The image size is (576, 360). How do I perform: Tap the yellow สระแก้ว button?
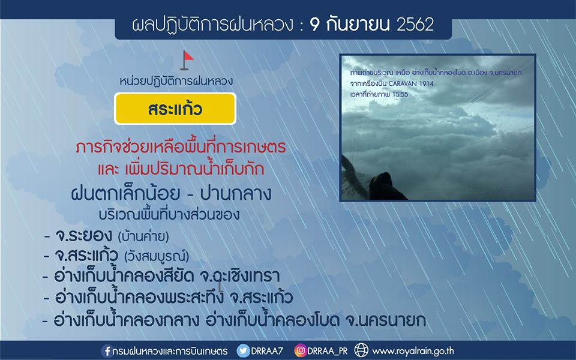(x=175, y=109)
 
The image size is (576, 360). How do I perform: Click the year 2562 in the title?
(x=415, y=25)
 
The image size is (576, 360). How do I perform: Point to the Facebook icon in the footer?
(x=107, y=351)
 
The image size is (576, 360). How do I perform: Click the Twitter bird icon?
(x=243, y=351)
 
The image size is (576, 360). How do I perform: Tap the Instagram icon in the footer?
(x=300, y=351)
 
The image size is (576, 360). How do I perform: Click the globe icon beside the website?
(x=361, y=350)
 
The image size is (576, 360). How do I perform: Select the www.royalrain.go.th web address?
(x=413, y=351)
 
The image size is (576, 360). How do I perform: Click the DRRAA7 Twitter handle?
(x=267, y=351)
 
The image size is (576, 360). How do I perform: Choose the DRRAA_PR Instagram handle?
(x=328, y=351)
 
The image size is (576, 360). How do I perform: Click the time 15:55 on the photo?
(x=400, y=94)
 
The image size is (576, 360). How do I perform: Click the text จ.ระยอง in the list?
(x=83, y=236)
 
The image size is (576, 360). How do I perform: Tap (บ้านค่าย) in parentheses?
(x=143, y=236)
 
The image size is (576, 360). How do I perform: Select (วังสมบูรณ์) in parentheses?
(x=157, y=256)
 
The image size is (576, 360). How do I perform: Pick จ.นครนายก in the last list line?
(x=385, y=320)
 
